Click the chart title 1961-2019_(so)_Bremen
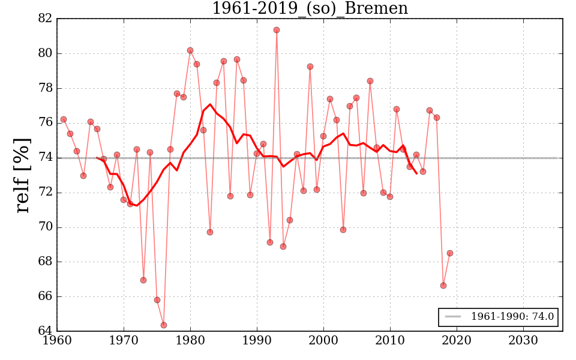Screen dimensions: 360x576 (x=310, y=9)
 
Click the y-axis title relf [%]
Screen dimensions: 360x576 (x=22, y=175)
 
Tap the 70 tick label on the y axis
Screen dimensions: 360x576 (x=46, y=227)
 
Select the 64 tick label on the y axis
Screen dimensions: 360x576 (x=46, y=331)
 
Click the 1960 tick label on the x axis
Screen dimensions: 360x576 (x=57, y=341)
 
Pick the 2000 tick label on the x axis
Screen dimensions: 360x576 (x=323, y=341)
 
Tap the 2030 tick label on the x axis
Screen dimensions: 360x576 (x=523, y=341)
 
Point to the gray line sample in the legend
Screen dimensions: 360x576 (x=453, y=317)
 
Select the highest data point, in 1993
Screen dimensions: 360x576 (x=277, y=30)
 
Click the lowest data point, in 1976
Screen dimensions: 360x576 (x=164, y=325)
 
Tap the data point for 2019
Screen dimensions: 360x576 (x=450, y=253)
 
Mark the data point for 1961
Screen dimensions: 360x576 (x=64, y=119)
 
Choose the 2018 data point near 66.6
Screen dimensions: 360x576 (x=443, y=286)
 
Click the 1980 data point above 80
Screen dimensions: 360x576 (x=190, y=50)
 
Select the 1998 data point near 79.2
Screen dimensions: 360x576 (x=310, y=67)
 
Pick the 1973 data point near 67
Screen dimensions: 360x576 (x=143, y=280)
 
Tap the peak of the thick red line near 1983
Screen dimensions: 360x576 (x=210, y=104)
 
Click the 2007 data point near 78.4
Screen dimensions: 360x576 (x=370, y=81)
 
